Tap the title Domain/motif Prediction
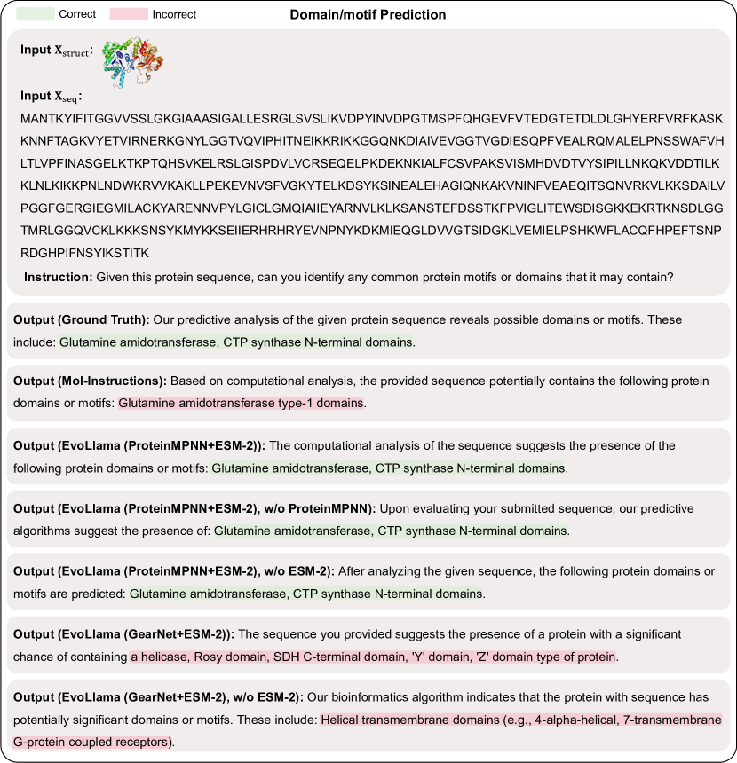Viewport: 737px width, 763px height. coord(368,15)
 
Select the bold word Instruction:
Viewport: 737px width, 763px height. coord(58,277)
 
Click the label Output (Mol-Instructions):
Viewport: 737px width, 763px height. coord(90,381)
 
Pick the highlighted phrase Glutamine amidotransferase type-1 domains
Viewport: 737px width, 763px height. coord(241,403)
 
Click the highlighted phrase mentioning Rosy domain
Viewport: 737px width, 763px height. coord(373,657)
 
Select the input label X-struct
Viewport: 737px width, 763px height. coord(56,51)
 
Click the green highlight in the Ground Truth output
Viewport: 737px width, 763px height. coord(237,341)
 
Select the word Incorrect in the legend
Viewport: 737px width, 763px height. coord(174,14)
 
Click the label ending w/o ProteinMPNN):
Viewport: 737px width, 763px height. coord(194,509)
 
